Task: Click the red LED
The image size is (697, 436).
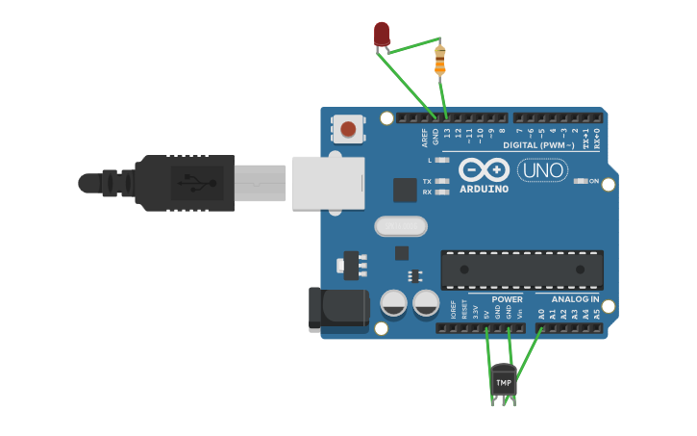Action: coord(382,35)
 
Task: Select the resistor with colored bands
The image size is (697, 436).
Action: coord(440,60)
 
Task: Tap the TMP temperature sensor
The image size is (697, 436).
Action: coord(504,382)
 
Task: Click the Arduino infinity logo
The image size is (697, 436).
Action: coord(484,170)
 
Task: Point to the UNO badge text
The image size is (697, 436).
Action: coord(542,170)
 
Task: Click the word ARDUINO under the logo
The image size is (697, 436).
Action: coord(484,189)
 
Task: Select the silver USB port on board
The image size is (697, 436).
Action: coord(328,182)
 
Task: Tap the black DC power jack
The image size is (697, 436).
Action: coord(338,309)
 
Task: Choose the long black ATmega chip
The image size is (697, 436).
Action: coord(522,269)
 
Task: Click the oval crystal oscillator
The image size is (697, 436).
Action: coord(400,226)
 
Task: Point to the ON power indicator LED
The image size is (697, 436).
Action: coord(580,181)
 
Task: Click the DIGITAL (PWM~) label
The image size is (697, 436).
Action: coord(536,145)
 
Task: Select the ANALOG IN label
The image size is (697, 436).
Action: coord(574,299)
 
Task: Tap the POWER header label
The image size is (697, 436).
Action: coord(507,299)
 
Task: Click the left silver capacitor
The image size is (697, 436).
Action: coord(394,303)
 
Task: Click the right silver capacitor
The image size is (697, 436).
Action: coord(426,303)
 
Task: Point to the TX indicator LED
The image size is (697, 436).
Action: coord(441,181)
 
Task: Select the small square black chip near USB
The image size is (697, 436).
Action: coord(405,190)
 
